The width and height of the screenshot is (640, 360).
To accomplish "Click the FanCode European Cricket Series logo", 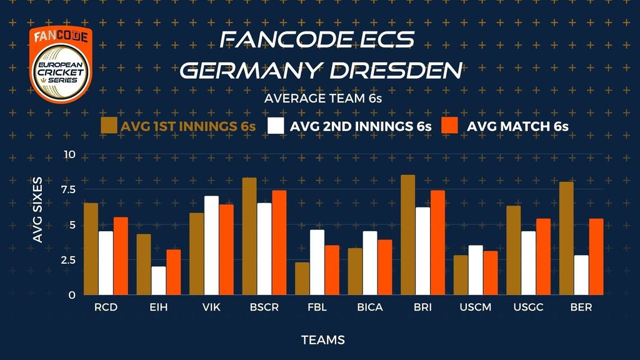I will coord(60,65).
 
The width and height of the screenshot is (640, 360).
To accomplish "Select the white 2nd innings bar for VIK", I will coord(212,246).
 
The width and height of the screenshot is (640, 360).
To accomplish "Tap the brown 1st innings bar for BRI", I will coord(407,235).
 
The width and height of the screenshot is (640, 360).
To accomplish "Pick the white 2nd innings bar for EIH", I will coord(159,281).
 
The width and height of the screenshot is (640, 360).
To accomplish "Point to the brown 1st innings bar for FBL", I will coord(302,279).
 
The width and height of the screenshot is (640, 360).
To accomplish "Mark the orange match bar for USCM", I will coord(491,273).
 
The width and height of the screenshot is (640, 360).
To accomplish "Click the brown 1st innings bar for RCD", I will coord(91,249).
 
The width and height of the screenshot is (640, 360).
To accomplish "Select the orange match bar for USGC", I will coord(544,257).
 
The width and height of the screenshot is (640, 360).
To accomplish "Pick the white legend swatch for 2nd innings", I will coord(276,125).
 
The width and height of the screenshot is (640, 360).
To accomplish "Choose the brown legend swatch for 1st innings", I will coord(109,125).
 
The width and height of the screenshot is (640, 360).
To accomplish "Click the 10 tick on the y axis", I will coord(69,155).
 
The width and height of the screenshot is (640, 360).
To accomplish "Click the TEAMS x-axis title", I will coord(323,341).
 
